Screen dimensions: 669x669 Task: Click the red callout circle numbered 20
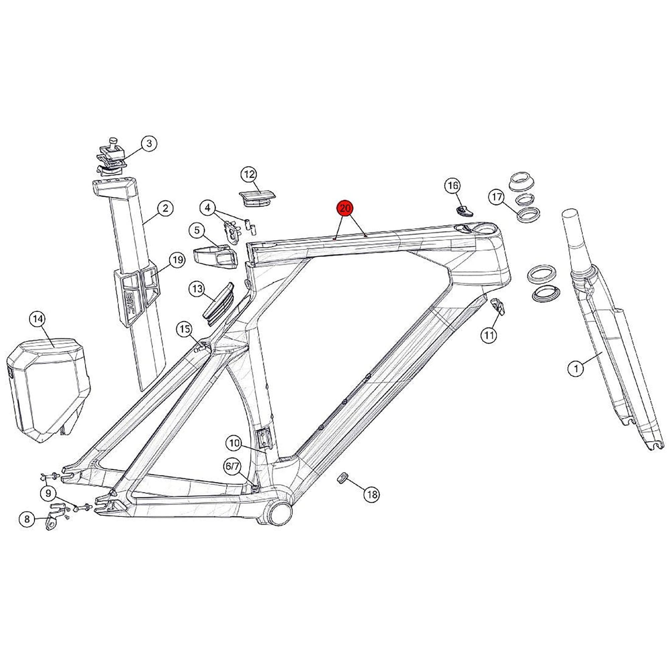(345, 208)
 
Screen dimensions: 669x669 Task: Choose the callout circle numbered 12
(250, 175)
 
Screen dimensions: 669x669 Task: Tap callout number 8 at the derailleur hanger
(27, 529)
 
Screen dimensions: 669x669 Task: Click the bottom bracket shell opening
(281, 520)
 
